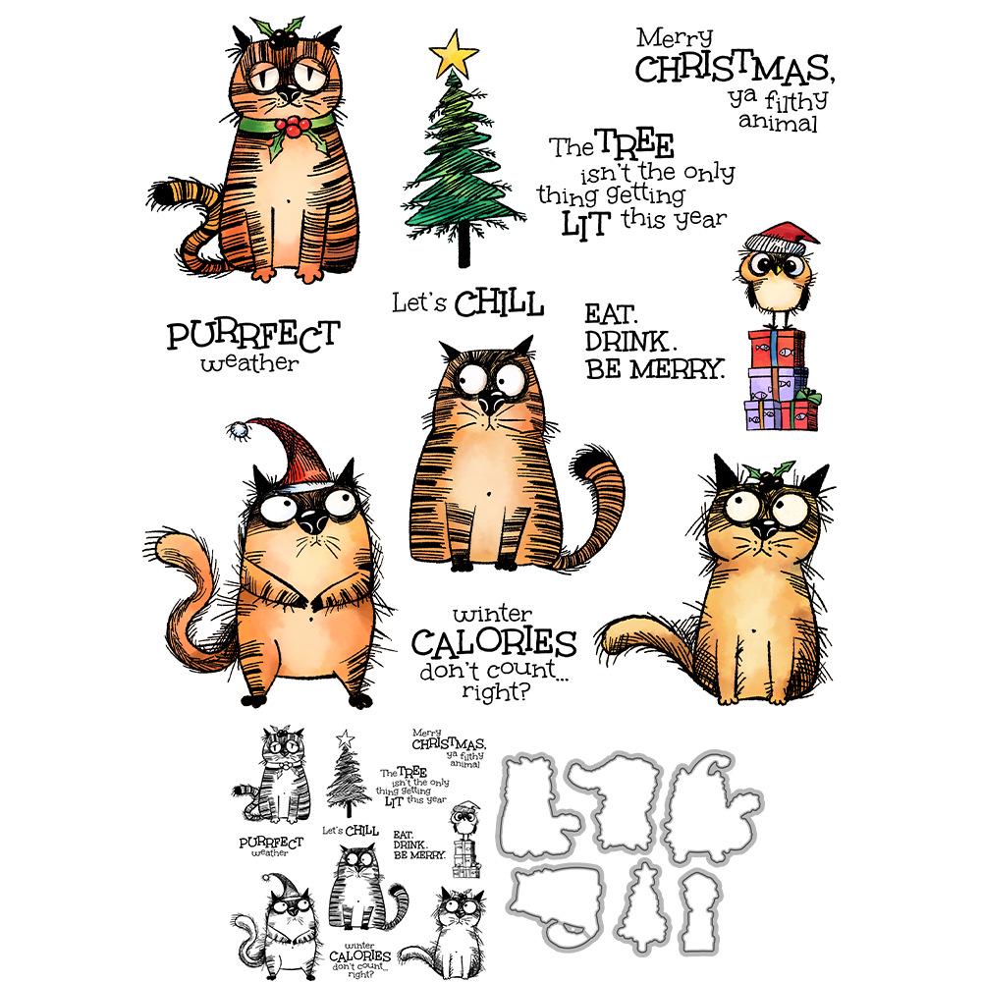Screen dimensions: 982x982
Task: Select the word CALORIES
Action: (x=492, y=644)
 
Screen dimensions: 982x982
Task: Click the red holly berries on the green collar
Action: (x=291, y=126)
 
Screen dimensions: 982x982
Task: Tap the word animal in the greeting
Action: (x=782, y=124)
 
